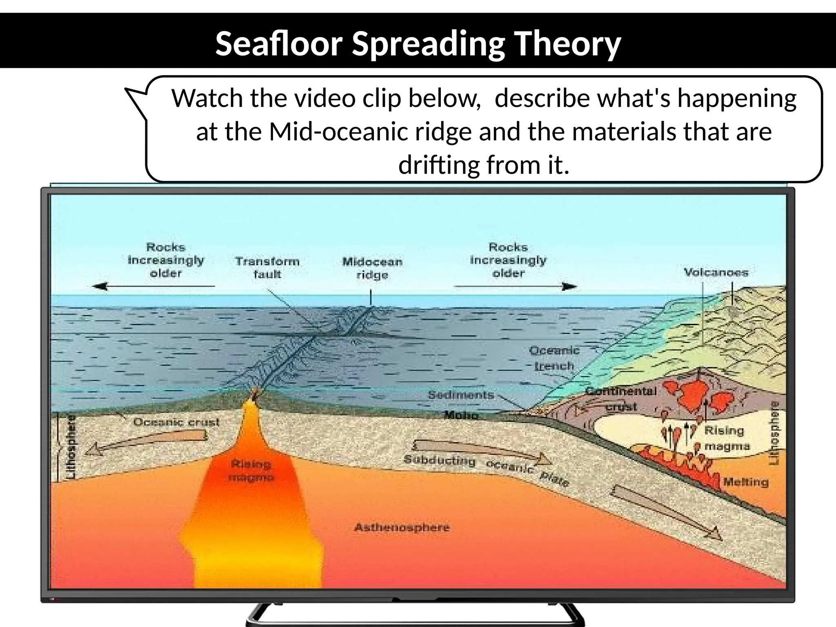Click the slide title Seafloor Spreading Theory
coord(418,44)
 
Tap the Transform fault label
coord(267,268)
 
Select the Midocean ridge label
coord(372,268)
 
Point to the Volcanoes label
coord(716,272)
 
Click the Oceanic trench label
coord(554,358)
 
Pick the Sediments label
coord(461,395)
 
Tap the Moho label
coord(461,415)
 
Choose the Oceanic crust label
coord(176,422)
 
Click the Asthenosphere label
coord(402,527)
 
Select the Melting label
coord(746,482)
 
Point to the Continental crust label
coord(621,398)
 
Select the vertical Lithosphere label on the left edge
coord(71,447)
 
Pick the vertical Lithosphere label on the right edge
coord(774,433)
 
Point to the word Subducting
coord(440,460)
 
